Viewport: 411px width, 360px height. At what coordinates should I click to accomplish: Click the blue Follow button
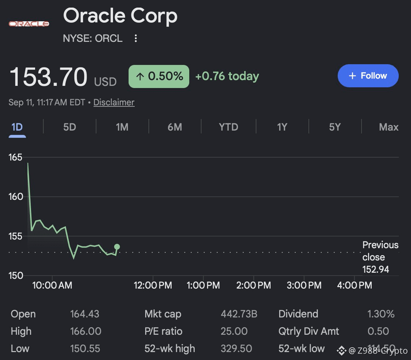[368, 76]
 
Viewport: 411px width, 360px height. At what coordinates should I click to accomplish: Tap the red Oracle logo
[29, 24]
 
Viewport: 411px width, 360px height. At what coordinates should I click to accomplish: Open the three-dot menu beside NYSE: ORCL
[135, 38]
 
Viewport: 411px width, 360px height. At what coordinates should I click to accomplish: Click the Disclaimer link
[114, 102]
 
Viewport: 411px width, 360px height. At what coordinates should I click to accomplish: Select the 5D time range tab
[69, 127]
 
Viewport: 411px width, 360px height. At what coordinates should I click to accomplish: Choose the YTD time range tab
[228, 127]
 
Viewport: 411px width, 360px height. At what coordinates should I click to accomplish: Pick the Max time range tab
[389, 127]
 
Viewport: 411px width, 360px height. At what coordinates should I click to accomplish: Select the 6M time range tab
[174, 127]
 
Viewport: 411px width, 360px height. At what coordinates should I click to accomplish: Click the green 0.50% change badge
[159, 76]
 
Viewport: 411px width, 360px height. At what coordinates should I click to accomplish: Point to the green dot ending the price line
[117, 247]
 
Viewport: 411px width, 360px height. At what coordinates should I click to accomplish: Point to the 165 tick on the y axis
[15, 157]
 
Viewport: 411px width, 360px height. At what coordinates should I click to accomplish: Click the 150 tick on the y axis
[16, 276]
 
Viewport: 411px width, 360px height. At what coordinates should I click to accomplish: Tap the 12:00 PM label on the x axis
[153, 285]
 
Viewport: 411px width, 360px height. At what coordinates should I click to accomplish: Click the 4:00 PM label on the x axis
[354, 285]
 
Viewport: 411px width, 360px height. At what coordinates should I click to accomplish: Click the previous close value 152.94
[376, 269]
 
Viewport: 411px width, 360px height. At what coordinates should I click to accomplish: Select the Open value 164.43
[85, 314]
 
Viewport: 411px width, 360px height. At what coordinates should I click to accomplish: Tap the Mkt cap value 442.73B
[239, 314]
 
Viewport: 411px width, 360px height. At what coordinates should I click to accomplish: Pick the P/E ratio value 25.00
[234, 331]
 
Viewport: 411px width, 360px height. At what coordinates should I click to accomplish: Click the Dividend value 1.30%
[381, 314]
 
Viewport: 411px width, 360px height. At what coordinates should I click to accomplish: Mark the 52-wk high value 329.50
[236, 348]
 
